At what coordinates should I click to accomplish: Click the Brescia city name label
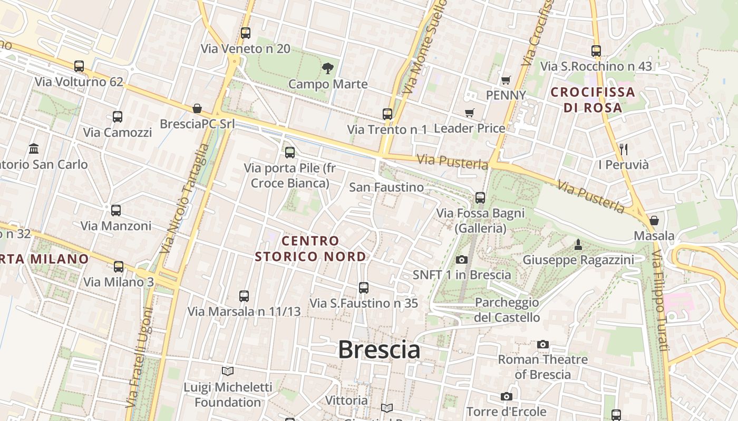click(379, 349)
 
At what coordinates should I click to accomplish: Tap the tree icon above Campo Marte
click(328, 68)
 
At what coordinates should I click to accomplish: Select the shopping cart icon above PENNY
click(506, 80)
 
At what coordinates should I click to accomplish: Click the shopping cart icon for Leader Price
click(469, 113)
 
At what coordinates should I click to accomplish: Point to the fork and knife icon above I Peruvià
click(623, 149)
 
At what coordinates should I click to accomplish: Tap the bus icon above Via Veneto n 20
click(246, 33)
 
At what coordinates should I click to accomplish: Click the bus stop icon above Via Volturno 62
click(79, 66)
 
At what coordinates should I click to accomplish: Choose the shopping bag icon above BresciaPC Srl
click(197, 108)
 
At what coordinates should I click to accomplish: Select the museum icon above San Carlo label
click(34, 148)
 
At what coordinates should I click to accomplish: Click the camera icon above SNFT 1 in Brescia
click(462, 259)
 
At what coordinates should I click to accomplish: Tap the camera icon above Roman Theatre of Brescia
click(543, 344)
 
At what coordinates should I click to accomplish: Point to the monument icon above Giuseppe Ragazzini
click(578, 244)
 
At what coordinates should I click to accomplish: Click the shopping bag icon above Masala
click(654, 220)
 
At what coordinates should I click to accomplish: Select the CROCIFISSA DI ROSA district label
click(593, 100)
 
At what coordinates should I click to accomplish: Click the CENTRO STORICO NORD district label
click(310, 248)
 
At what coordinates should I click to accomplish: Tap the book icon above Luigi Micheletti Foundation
click(228, 372)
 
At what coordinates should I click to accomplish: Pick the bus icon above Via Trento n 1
click(387, 114)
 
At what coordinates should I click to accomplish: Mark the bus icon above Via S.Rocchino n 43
click(596, 51)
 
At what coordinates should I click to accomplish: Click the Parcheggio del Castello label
click(507, 310)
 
